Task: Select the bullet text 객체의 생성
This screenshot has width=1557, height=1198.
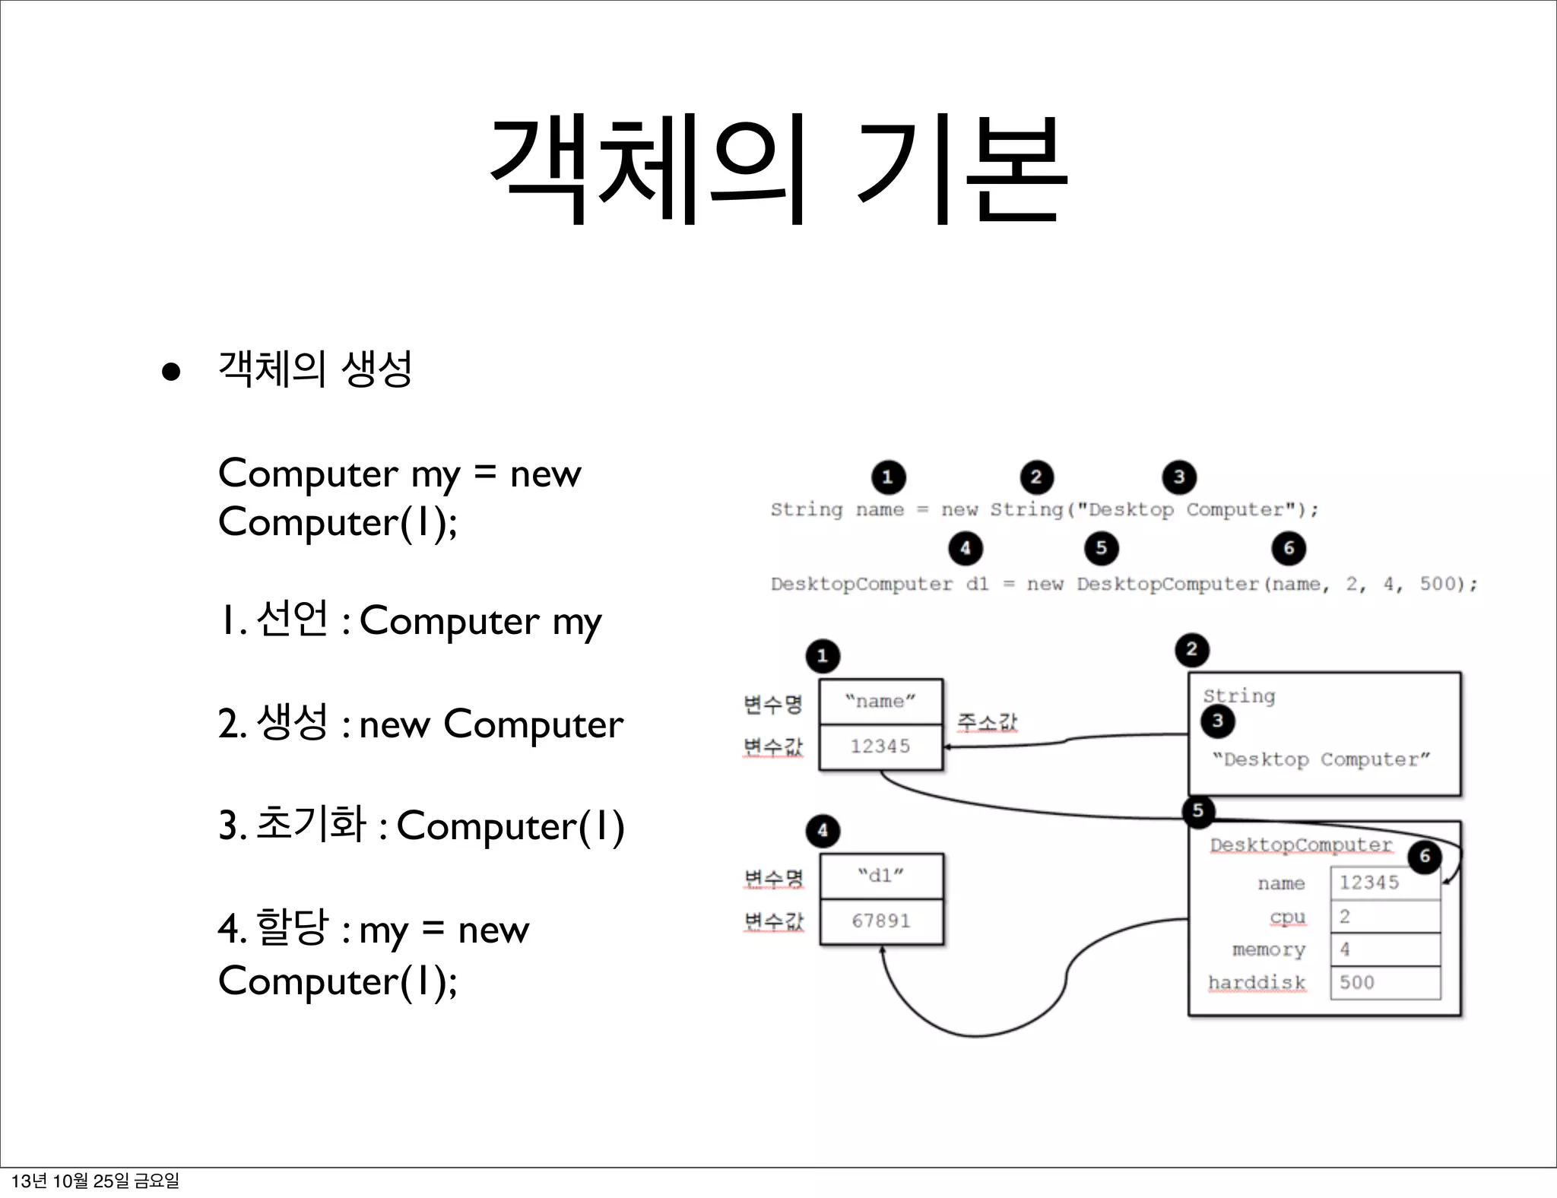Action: (x=315, y=369)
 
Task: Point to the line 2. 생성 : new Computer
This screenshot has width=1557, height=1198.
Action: (x=420, y=724)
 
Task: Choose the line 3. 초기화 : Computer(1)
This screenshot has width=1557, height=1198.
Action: (x=421, y=826)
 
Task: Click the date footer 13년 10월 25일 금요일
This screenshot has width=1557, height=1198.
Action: (x=95, y=1181)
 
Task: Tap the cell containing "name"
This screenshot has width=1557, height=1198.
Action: (x=880, y=702)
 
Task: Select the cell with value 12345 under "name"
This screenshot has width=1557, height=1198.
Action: (x=880, y=746)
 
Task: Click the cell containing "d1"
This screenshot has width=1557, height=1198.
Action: (x=881, y=876)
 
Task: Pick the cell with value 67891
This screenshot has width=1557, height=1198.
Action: (x=881, y=921)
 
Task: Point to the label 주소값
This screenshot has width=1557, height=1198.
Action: (x=987, y=721)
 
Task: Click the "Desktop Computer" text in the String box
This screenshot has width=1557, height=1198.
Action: (x=1321, y=759)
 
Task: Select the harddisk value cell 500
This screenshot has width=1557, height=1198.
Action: (x=1384, y=982)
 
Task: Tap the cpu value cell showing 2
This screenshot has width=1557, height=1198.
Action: (x=1384, y=917)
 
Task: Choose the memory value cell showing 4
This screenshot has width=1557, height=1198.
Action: (x=1384, y=949)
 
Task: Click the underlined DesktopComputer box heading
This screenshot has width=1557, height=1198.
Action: (x=1301, y=845)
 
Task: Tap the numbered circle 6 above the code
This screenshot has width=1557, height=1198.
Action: (x=1289, y=548)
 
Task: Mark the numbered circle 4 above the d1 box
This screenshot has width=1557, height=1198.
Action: (x=823, y=831)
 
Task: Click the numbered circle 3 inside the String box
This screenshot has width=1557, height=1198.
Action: (x=1218, y=721)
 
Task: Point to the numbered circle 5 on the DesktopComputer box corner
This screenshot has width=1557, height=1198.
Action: (x=1198, y=810)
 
